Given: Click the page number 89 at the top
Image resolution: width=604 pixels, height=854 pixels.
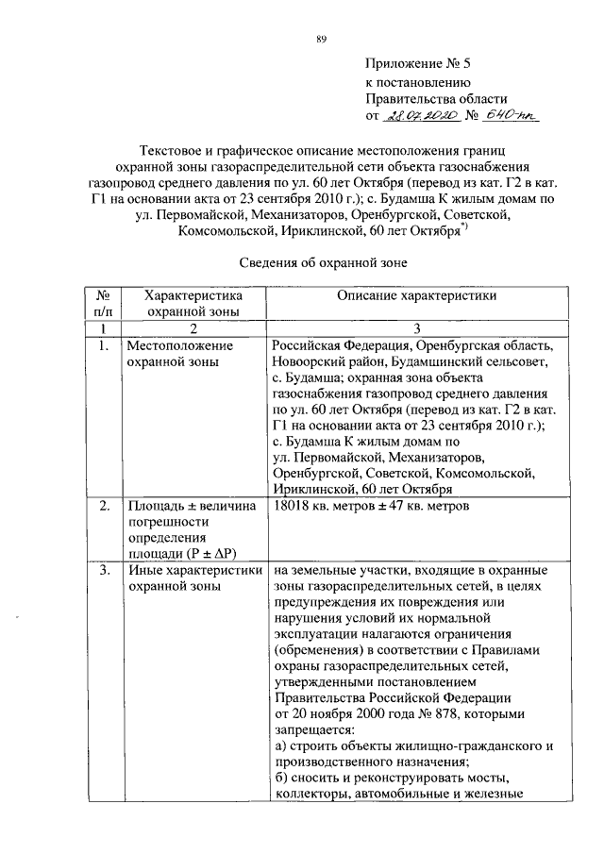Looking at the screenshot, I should pyautogui.click(x=322, y=38).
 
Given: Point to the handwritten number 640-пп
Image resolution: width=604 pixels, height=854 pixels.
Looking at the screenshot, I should pyautogui.click(x=508, y=115).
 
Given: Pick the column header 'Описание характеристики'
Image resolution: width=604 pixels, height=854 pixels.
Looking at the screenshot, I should pyautogui.click(x=410, y=295).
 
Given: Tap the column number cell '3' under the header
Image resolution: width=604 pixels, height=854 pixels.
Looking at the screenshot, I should pyautogui.click(x=409, y=327).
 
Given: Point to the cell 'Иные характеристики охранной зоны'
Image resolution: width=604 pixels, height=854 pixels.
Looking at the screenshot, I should pyautogui.click(x=192, y=578).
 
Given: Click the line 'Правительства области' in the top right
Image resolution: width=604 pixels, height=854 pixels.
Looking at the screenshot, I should pyautogui.click(x=436, y=99).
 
